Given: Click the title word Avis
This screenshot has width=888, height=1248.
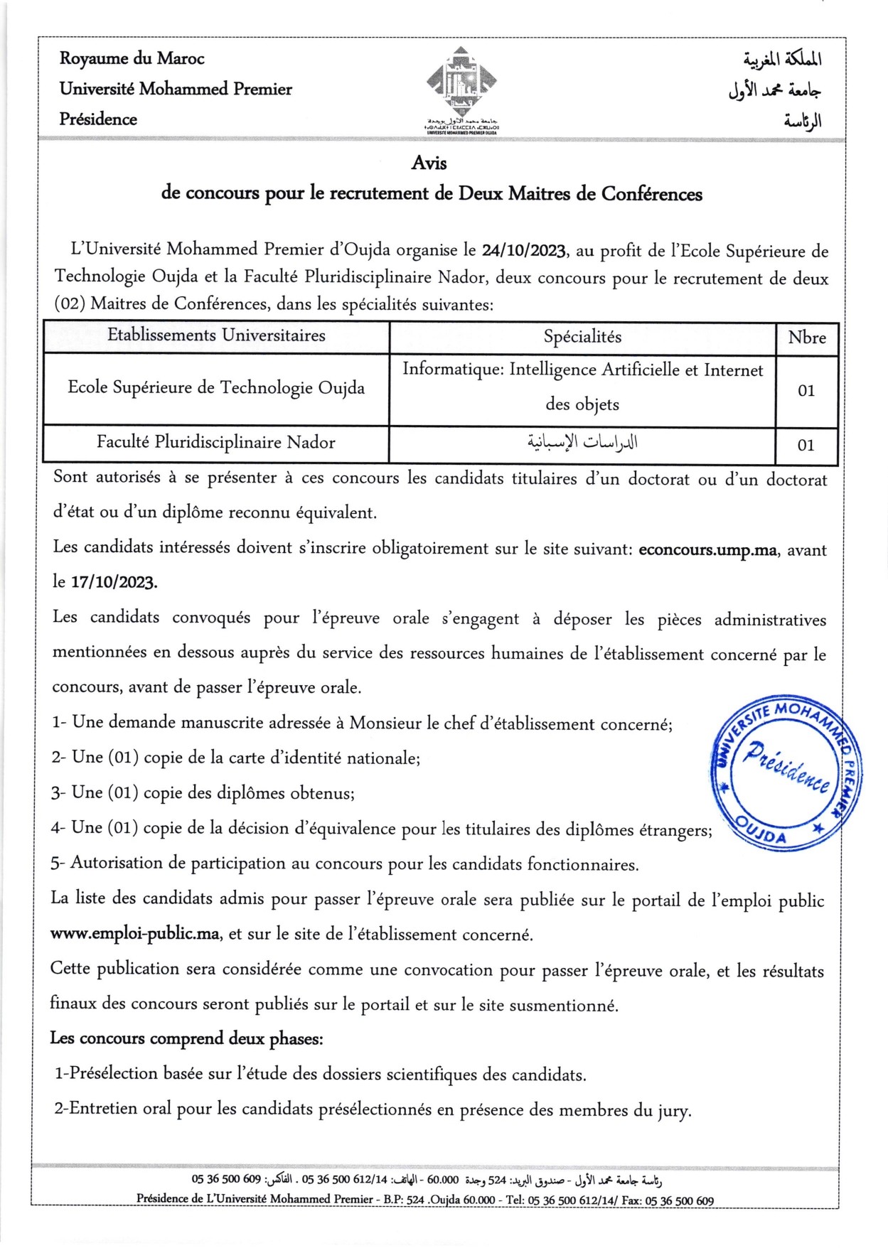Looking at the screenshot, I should point(429,163).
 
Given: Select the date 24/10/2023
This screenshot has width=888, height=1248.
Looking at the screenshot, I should point(524,251).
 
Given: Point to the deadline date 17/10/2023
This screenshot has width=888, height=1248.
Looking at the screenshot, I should point(114,583).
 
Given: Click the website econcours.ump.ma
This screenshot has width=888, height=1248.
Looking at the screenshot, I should point(707,550).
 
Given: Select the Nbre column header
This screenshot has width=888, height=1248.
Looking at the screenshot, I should point(807,338).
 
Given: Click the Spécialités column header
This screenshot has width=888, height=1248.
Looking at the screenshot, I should point(582,337).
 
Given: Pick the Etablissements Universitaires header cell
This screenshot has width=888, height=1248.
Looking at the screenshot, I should point(216,335).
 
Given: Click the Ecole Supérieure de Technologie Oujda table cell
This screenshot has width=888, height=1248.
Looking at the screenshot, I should point(216,388).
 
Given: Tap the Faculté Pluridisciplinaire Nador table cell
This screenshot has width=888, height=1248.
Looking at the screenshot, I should point(216,443).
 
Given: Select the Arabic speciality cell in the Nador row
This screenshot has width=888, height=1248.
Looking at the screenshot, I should point(582,443).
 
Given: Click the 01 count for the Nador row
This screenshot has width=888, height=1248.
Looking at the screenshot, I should point(806,446).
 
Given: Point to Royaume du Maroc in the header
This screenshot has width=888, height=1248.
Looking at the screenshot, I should point(132,59).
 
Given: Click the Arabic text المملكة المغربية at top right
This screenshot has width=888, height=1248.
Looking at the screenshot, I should point(783,60).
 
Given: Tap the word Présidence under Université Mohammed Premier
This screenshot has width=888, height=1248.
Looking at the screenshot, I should point(98,119).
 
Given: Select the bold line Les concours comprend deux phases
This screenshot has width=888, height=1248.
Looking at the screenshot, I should point(186,1038).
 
